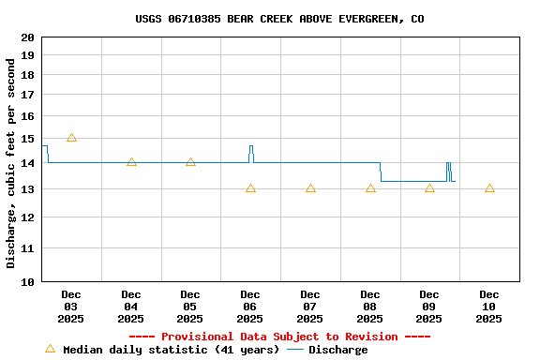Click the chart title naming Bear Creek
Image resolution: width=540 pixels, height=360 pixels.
coord(278,19)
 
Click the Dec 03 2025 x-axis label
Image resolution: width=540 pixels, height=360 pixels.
coord(71,307)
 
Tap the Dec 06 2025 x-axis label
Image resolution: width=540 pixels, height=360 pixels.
coord(250,307)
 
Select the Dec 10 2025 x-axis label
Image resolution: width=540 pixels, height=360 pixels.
coord(489,307)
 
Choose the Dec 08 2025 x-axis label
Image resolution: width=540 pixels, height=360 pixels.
coord(369,307)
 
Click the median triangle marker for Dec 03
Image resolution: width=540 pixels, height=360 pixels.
coord(71,138)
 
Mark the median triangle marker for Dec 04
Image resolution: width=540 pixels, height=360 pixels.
coord(131,162)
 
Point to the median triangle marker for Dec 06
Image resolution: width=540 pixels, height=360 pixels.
coord(250,188)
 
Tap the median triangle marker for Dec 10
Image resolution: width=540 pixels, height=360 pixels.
coord(489,188)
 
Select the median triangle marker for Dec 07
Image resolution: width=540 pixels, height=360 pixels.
coord(310,188)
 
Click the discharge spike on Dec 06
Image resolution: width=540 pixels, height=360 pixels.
coord(251,148)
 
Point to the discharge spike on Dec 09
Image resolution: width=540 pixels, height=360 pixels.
coord(449,166)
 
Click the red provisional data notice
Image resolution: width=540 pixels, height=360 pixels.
coord(278,337)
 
